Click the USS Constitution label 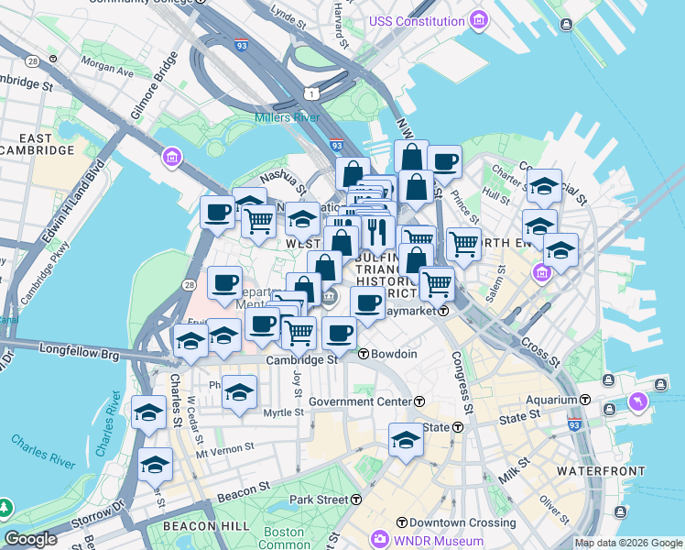click(x=416, y=21)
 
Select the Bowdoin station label click(x=394, y=354)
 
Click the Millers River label click(x=287, y=117)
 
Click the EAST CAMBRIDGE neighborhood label click(x=37, y=143)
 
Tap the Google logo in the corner click(x=30, y=539)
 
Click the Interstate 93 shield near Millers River click(x=336, y=146)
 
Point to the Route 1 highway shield click(x=313, y=93)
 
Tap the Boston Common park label click(x=283, y=538)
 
